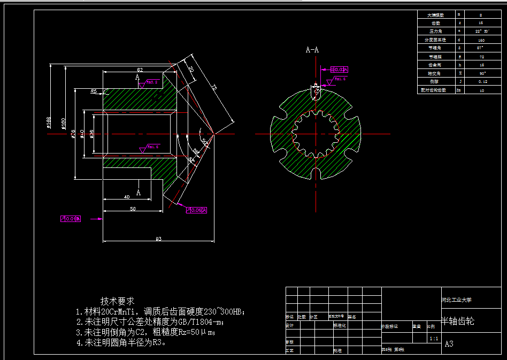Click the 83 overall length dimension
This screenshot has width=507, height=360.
[159, 239]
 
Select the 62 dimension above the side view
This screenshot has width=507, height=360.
[140, 70]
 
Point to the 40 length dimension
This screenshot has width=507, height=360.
[127, 197]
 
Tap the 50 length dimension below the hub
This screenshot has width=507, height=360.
[132, 209]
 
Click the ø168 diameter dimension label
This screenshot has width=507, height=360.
[49, 123]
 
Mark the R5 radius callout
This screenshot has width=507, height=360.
[94, 91]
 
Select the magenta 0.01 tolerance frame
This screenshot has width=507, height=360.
[72, 218]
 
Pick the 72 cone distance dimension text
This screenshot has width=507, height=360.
[213, 87]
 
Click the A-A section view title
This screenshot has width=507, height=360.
[312, 50]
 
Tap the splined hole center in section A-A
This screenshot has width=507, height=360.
[316, 134]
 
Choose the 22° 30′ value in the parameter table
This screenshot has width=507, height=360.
[481, 32]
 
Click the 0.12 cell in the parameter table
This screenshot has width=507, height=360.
[481, 82]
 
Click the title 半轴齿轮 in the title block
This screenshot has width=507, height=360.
[458, 321]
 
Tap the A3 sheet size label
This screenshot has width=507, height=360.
[449, 344]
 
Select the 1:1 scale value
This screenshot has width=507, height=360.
[434, 339]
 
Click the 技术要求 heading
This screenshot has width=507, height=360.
[117, 301]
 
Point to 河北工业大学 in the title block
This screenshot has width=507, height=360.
[456, 300]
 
